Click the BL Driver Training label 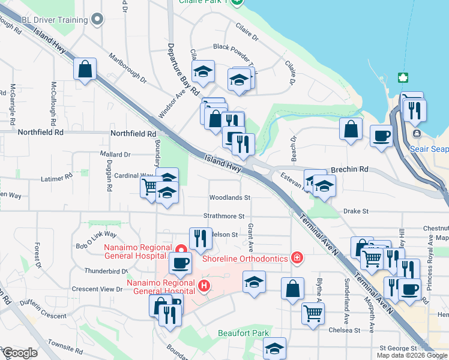tap(54, 20)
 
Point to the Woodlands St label tap(229, 197)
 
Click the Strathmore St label tap(224, 216)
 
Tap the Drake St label tap(356, 211)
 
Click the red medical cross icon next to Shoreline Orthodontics tap(296, 258)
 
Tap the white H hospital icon tap(204, 284)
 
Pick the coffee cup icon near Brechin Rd tap(381, 136)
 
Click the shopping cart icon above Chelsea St tap(313, 313)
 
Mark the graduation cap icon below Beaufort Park tap(274, 348)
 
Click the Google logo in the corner tap(20, 353)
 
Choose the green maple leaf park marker tap(402, 78)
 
